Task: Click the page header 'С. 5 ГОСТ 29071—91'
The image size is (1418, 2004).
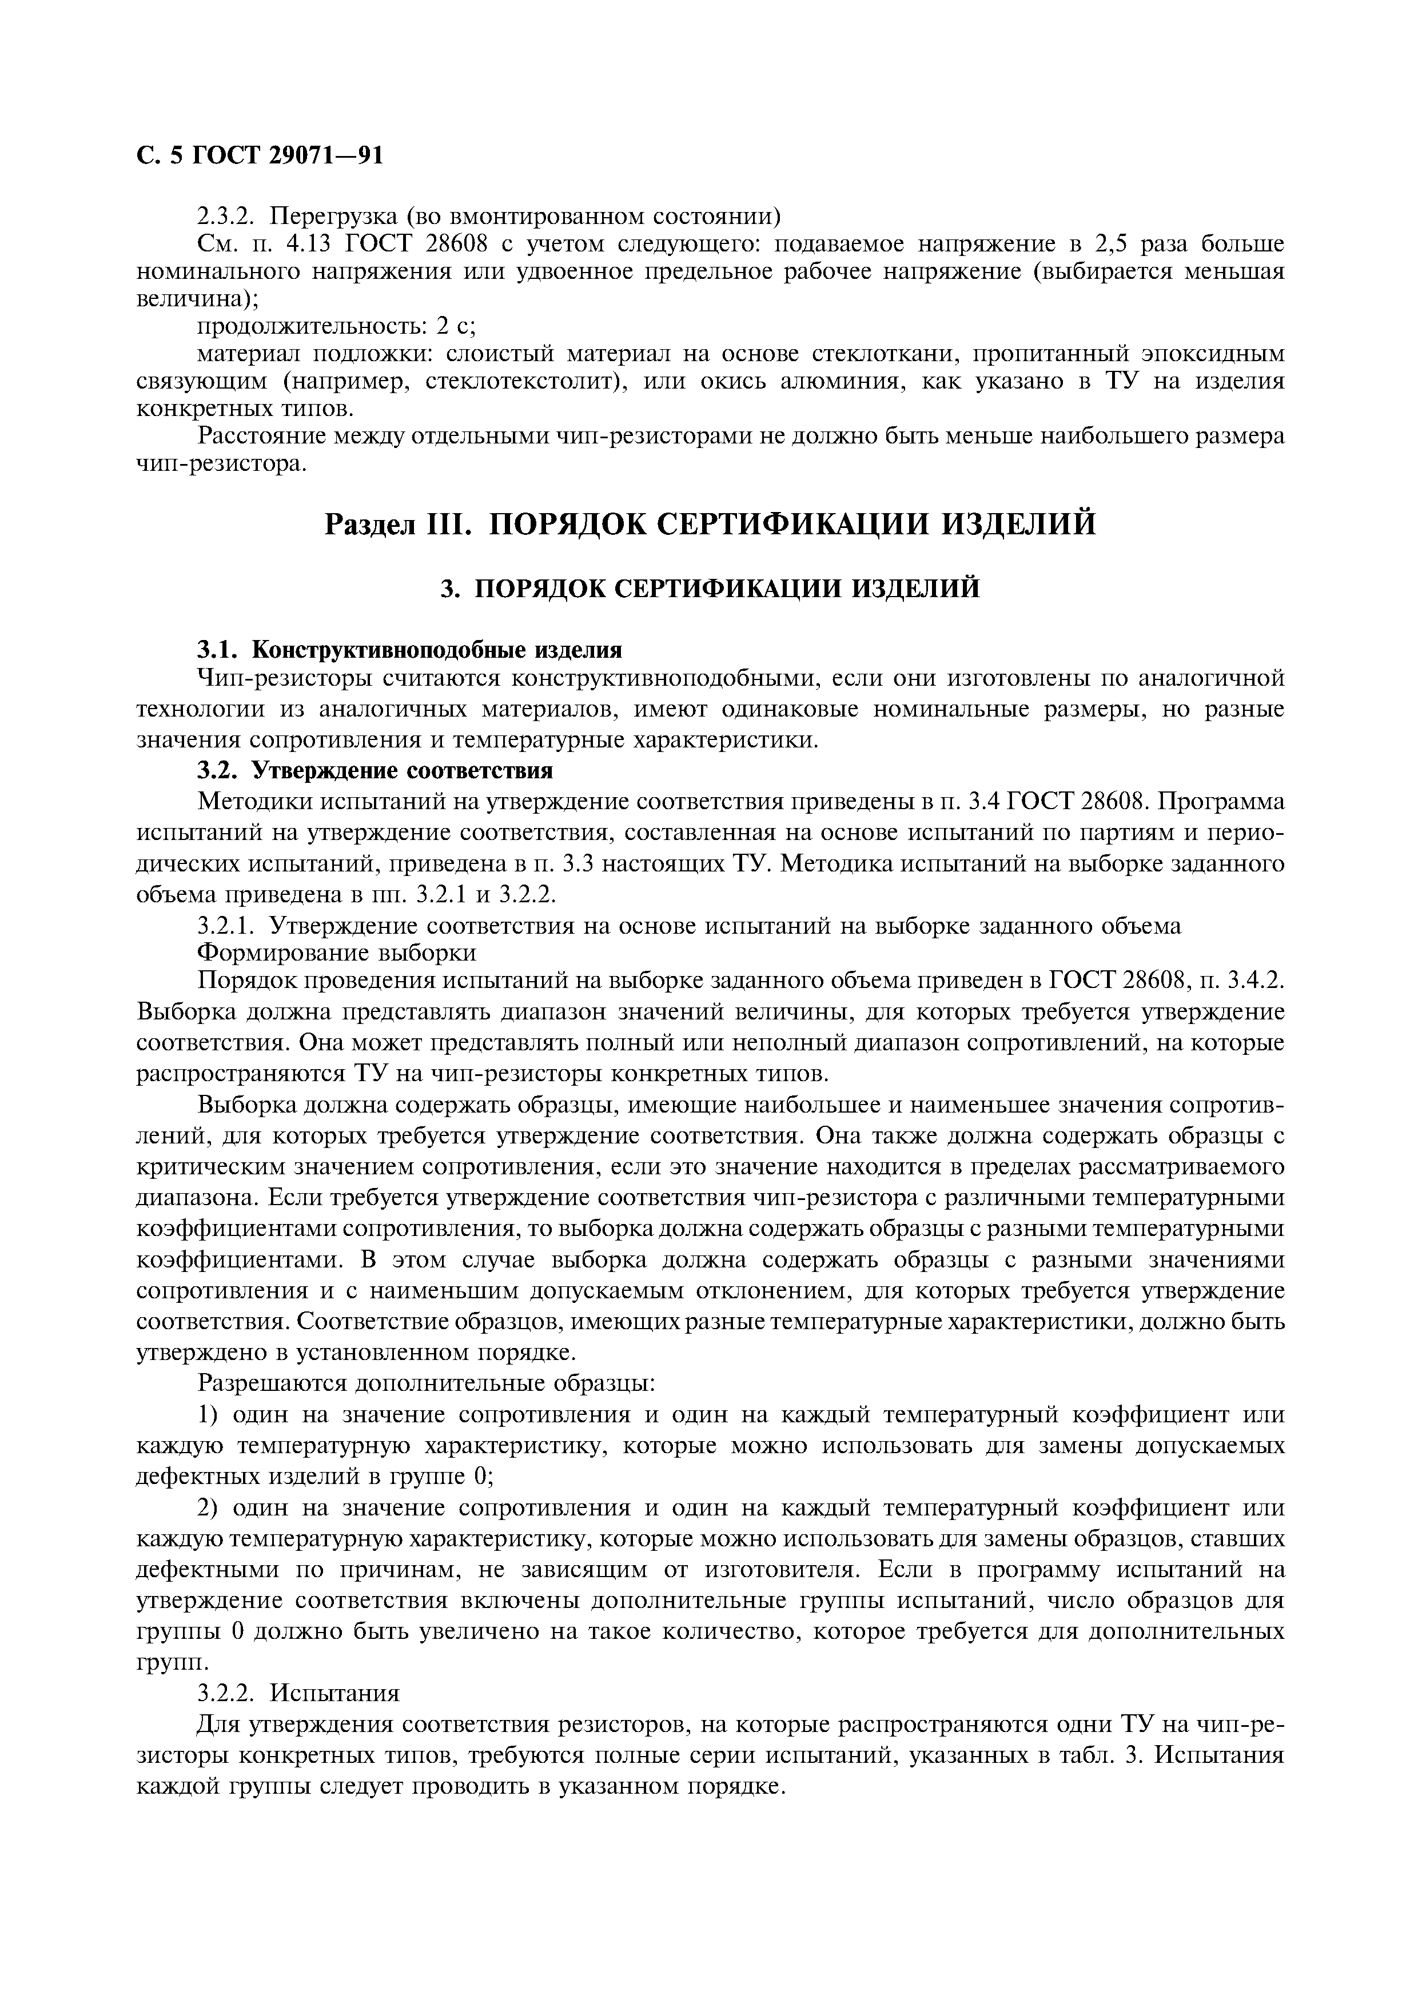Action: [x=260, y=155]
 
